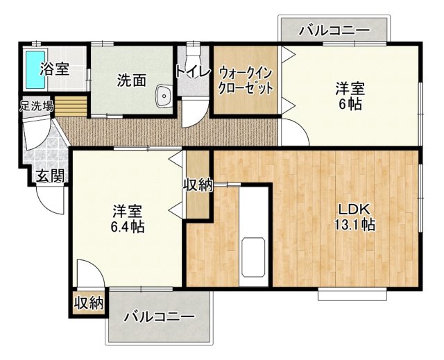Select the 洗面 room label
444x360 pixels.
[131, 79]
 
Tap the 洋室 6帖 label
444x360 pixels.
[350, 96]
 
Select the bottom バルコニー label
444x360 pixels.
[160, 317]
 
